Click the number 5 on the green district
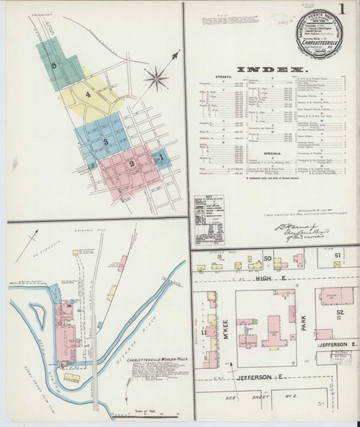click(x=55, y=65)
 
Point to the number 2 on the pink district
click(x=132, y=164)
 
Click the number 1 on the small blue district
click(x=162, y=153)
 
